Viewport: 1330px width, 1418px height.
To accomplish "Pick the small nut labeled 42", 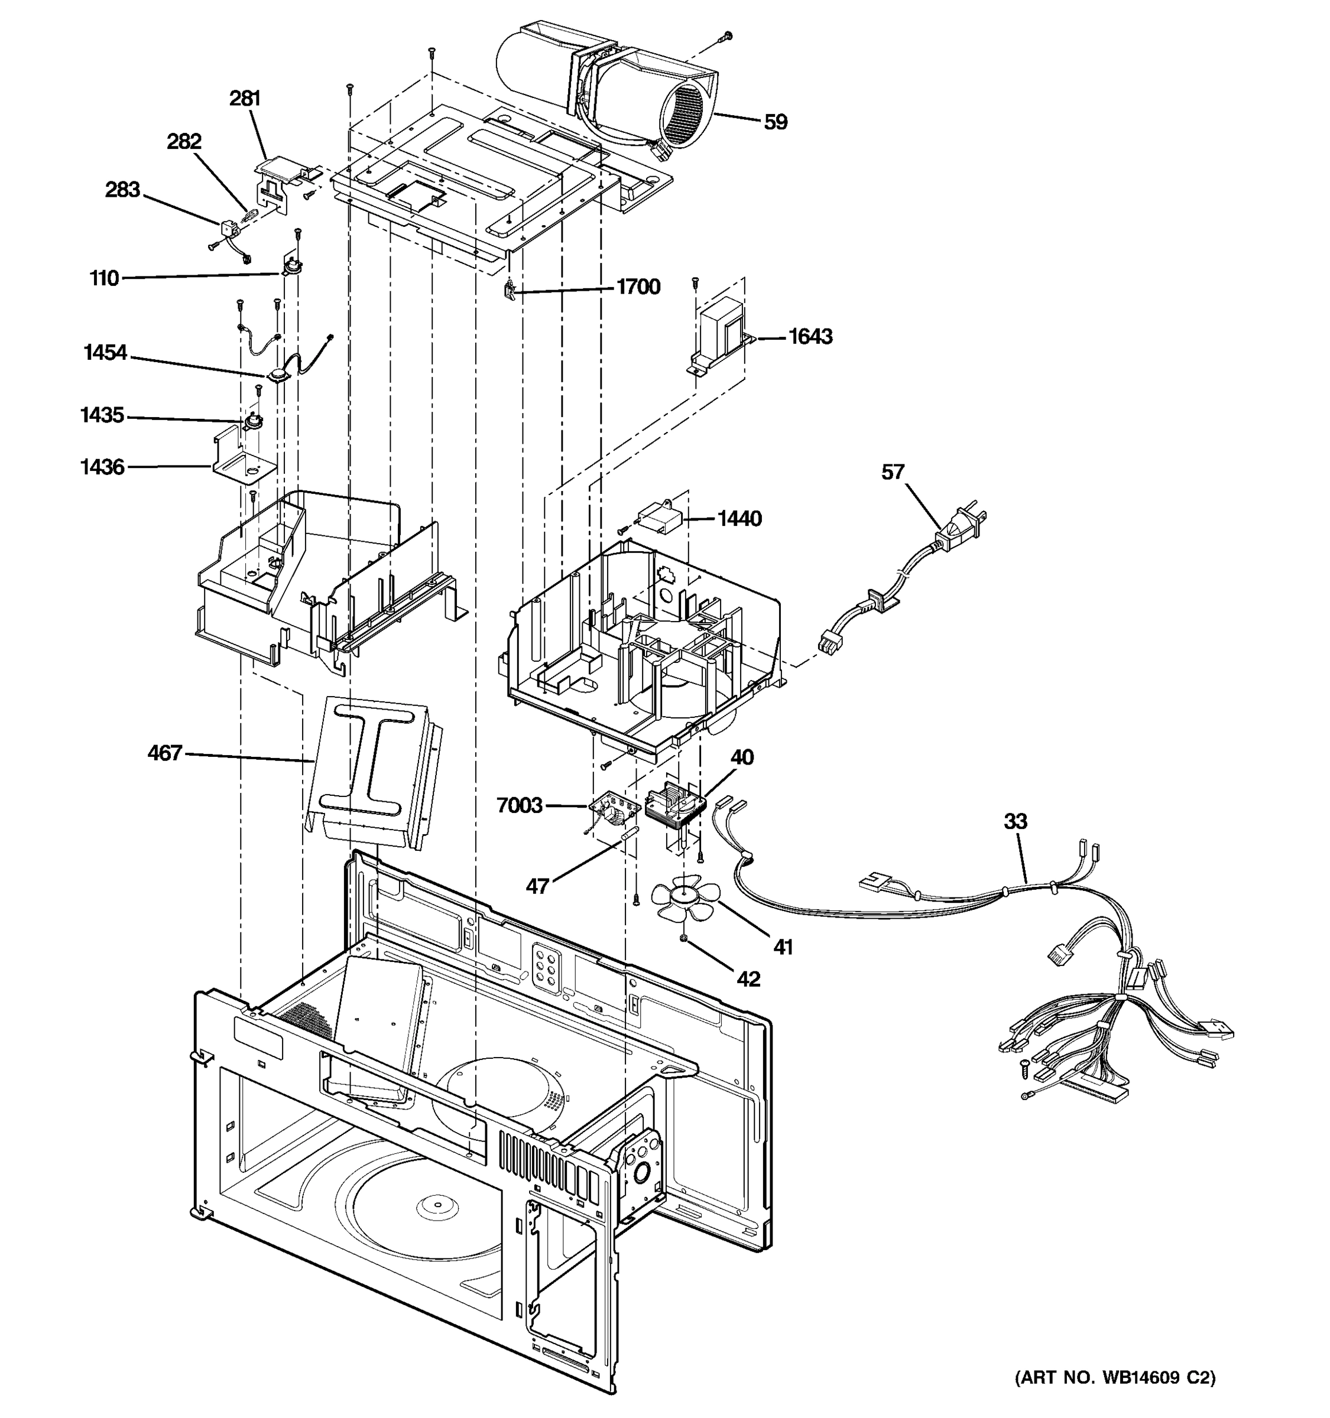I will [x=683, y=939].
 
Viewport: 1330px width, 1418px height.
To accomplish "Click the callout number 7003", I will [x=519, y=805].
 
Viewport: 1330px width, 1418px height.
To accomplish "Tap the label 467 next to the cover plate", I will [x=165, y=753].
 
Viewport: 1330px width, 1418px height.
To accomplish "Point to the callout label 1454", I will [x=105, y=352].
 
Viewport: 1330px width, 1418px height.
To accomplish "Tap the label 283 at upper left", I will [x=123, y=190].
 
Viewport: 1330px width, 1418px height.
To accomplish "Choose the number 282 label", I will [x=184, y=141].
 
